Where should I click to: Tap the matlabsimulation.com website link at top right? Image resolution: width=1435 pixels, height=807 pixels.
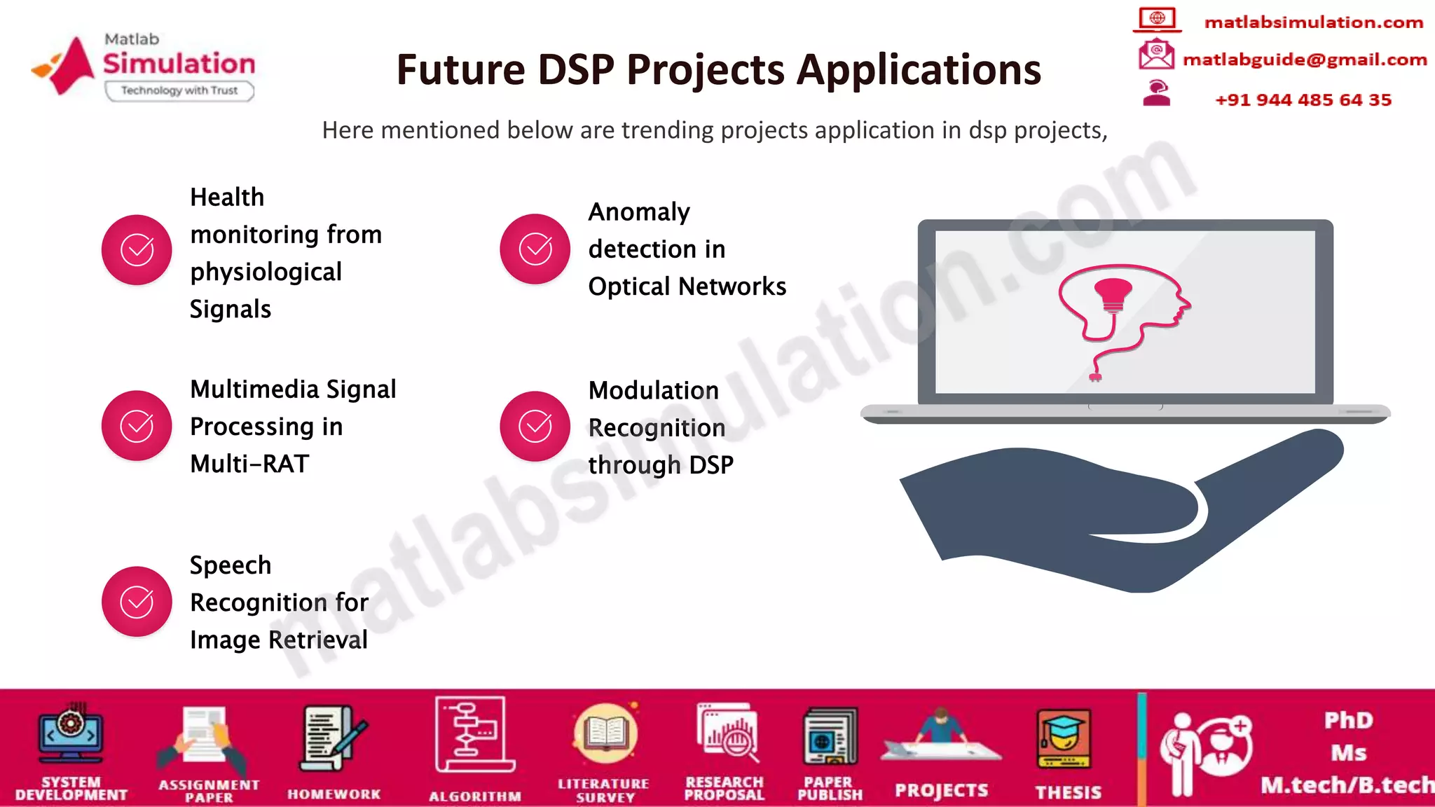(x=1313, y=22)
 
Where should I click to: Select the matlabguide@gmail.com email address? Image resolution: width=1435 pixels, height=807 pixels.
(x=1304, y=60)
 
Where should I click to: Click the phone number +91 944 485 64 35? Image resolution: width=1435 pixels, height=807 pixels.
(x=1303, y=99)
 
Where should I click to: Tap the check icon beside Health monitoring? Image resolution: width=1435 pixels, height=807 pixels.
(x=137, y=250)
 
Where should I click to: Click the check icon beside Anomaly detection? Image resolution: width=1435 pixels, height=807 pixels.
(x=535, y=249)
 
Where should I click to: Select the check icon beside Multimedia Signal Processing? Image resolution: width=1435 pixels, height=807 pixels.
(x=137, y=425)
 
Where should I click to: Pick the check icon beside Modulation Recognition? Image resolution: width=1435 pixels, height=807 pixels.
(x=535, y=426)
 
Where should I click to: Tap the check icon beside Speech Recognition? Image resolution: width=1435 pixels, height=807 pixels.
(x=137, y=601)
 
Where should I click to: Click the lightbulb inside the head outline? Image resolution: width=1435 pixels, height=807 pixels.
(x=1113, y=293)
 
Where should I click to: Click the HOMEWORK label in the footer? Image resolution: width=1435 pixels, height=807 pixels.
(x=334, y=794)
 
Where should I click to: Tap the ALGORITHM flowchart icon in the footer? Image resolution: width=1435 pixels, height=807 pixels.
(x=474, y=734)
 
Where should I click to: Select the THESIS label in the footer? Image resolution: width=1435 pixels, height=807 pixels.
(x=1068, y=792)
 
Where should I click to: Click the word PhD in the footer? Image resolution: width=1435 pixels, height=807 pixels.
(x=1348, y=720)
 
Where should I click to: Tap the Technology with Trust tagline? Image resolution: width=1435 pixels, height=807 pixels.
(x=179, y=90)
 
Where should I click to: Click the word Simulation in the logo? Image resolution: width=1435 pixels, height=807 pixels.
(x=179, y=64)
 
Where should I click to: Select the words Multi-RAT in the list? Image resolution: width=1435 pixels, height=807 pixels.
(x=249, y=464)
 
